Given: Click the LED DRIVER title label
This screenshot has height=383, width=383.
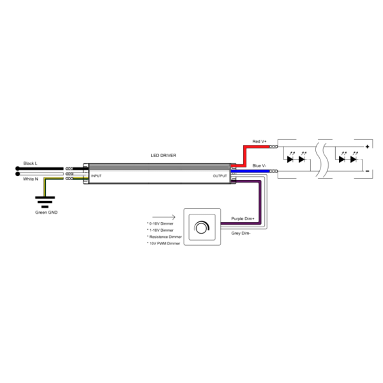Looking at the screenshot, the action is [x=163, y=155].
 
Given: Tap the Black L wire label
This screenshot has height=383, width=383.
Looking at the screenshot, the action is [x=30, y=163].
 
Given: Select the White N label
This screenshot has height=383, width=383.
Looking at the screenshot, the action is [x=31, y=179].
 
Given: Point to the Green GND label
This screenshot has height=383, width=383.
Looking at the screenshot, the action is [x=47, y=213].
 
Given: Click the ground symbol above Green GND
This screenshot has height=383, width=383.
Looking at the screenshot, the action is [x=45, y=202].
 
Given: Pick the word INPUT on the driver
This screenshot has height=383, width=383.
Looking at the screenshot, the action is [x=96, y=176].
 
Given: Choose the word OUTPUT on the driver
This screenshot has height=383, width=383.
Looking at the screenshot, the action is [x=220, y=176].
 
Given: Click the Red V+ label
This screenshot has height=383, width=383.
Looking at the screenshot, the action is [x=259, y=142].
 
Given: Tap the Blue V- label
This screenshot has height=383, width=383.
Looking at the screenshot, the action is [x=259, y=166].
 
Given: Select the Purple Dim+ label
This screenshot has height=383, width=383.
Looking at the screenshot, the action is [x=243, y=218].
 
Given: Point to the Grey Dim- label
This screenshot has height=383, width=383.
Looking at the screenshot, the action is [x=241, y=233].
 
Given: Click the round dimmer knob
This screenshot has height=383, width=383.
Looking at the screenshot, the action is [x=202, y=227].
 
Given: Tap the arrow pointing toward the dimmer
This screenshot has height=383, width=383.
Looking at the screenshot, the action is [x=163, y=217].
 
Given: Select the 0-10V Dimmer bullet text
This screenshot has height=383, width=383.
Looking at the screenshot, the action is [x=160, y=224].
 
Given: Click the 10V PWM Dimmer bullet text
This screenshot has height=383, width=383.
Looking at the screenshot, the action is [x=163, y=244].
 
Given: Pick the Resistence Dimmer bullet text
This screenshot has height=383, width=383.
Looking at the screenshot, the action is [x=165, y=237].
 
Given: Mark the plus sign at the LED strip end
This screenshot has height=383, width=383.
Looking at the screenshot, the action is [x=367, y=147].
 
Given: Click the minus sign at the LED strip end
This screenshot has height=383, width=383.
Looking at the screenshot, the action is [x=367, y=171].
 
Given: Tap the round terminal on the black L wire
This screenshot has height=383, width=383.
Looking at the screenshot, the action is [x=17, y=169].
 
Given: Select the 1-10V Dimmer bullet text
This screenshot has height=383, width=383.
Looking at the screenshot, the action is [x=160, y=230].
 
